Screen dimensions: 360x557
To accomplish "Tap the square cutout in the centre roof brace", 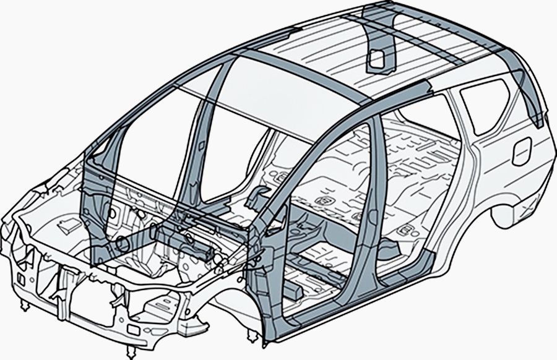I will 376,58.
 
